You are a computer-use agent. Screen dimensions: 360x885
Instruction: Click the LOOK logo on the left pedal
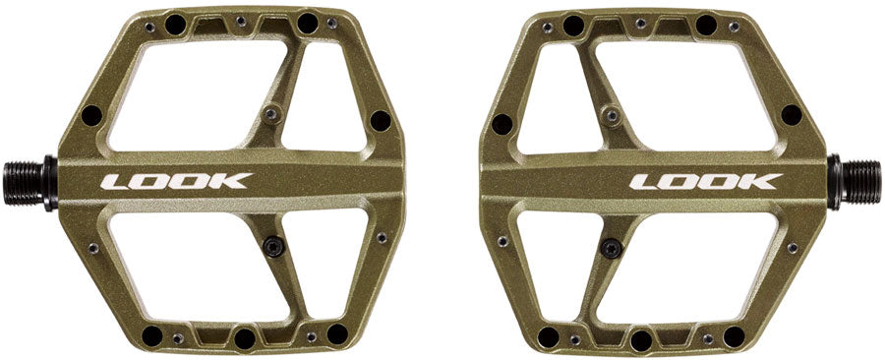tap(177, 181)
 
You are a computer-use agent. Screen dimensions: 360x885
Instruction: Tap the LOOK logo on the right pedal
tap(705, 181)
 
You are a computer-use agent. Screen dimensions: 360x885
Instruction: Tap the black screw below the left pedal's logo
tap(275, 247)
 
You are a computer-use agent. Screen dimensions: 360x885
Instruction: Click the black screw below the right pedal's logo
tap(610, 247)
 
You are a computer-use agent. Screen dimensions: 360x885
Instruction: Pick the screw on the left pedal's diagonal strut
tap(273, 114)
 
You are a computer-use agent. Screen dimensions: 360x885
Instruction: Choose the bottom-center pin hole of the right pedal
tap(640, 340)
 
